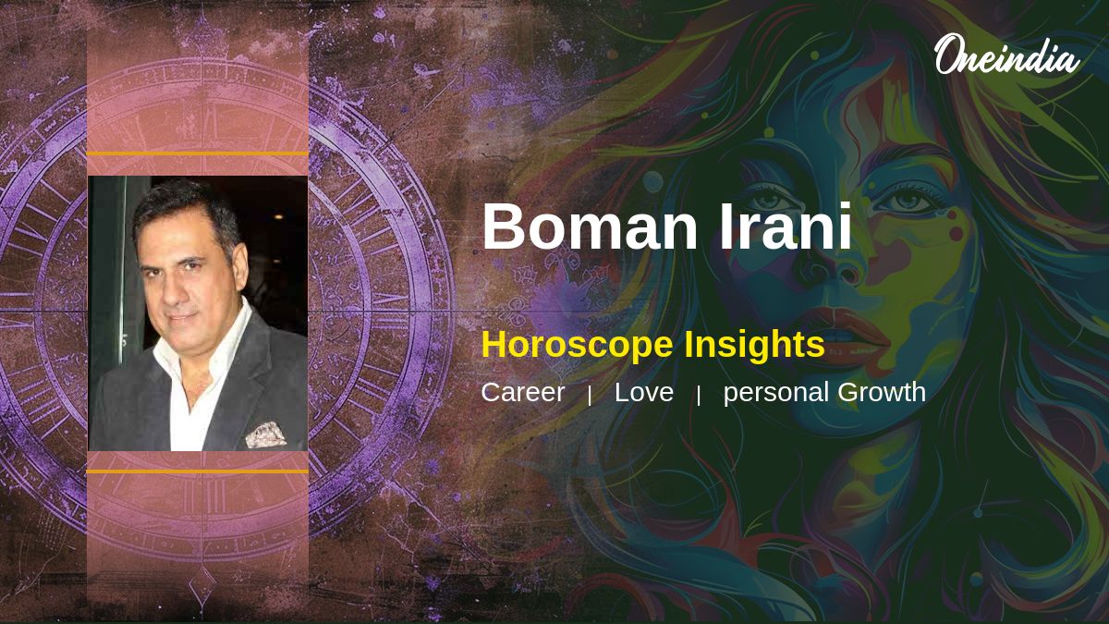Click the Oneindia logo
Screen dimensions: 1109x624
[1007, 55]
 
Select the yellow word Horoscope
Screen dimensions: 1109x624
[577, 346]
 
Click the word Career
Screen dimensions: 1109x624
[523, 392]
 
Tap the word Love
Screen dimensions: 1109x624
[644, 392]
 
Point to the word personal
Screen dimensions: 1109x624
[776, 393]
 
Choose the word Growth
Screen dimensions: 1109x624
[882, 392]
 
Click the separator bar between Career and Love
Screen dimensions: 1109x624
[590, 396]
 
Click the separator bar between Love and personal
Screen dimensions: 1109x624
[699, 396]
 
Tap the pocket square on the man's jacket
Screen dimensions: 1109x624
[266, 434]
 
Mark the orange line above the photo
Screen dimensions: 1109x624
[198, 154]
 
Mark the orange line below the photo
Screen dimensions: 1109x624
[198, 471]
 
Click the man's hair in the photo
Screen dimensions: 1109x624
[189, 208]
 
